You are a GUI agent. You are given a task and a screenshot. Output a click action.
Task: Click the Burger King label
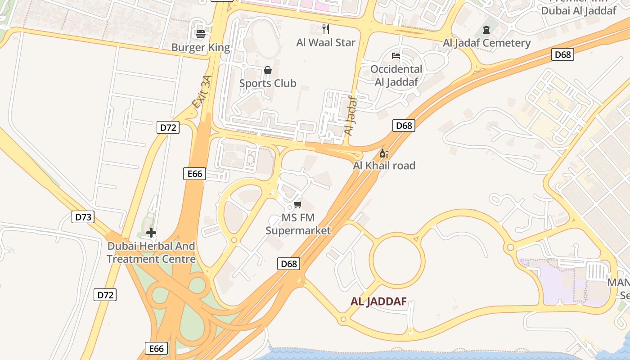201,47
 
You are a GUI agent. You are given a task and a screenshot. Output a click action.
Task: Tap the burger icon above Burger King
201,34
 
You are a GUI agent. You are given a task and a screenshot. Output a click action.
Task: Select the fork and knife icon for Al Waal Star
326,29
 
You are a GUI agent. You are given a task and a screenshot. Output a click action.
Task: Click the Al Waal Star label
326,43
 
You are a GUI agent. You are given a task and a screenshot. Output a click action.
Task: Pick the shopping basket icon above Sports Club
268,70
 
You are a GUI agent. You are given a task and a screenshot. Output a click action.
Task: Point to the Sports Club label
268,83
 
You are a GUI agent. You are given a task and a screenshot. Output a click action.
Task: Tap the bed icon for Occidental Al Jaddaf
396,56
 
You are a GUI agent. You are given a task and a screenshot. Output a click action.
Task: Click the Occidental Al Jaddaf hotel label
396,75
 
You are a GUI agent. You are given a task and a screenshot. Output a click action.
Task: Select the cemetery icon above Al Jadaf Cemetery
486,30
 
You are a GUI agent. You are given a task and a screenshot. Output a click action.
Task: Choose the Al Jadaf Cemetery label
487,43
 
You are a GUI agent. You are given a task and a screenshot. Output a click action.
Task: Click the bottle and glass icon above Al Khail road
384,153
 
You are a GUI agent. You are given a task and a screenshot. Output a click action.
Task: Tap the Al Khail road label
384,166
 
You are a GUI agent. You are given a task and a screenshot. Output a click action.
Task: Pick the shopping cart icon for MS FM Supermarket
297,205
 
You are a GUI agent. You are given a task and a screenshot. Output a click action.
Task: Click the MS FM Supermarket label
298,224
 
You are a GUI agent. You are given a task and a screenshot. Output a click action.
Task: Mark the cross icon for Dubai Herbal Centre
151,233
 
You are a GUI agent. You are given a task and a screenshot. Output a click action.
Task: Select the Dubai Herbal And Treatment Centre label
151,252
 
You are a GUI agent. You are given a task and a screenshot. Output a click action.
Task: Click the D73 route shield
83,217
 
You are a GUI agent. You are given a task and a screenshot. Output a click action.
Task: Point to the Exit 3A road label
201,92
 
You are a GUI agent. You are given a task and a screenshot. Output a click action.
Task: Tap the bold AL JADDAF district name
378,301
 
